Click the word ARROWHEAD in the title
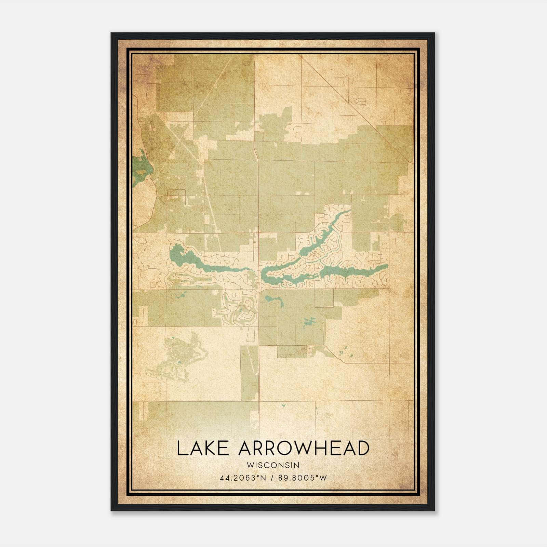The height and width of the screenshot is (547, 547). tap(304, 448)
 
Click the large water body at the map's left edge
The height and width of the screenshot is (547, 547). tap(141, 169)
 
